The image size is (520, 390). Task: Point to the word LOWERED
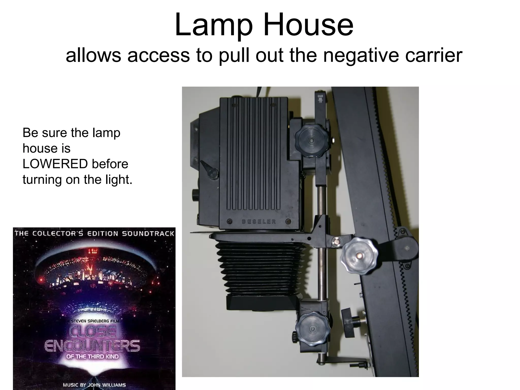[x=55, y=164]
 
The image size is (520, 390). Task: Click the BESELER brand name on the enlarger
[x=259, y=221]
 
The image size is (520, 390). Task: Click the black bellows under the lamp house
[x=256, y=269]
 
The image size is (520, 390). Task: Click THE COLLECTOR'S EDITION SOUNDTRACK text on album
[x=94, y=234]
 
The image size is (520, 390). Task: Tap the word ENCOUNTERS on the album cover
[x=92, y=346]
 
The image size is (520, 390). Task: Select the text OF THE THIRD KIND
[x=92, y=356]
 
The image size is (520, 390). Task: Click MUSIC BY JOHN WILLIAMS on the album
[x=94, y=385]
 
